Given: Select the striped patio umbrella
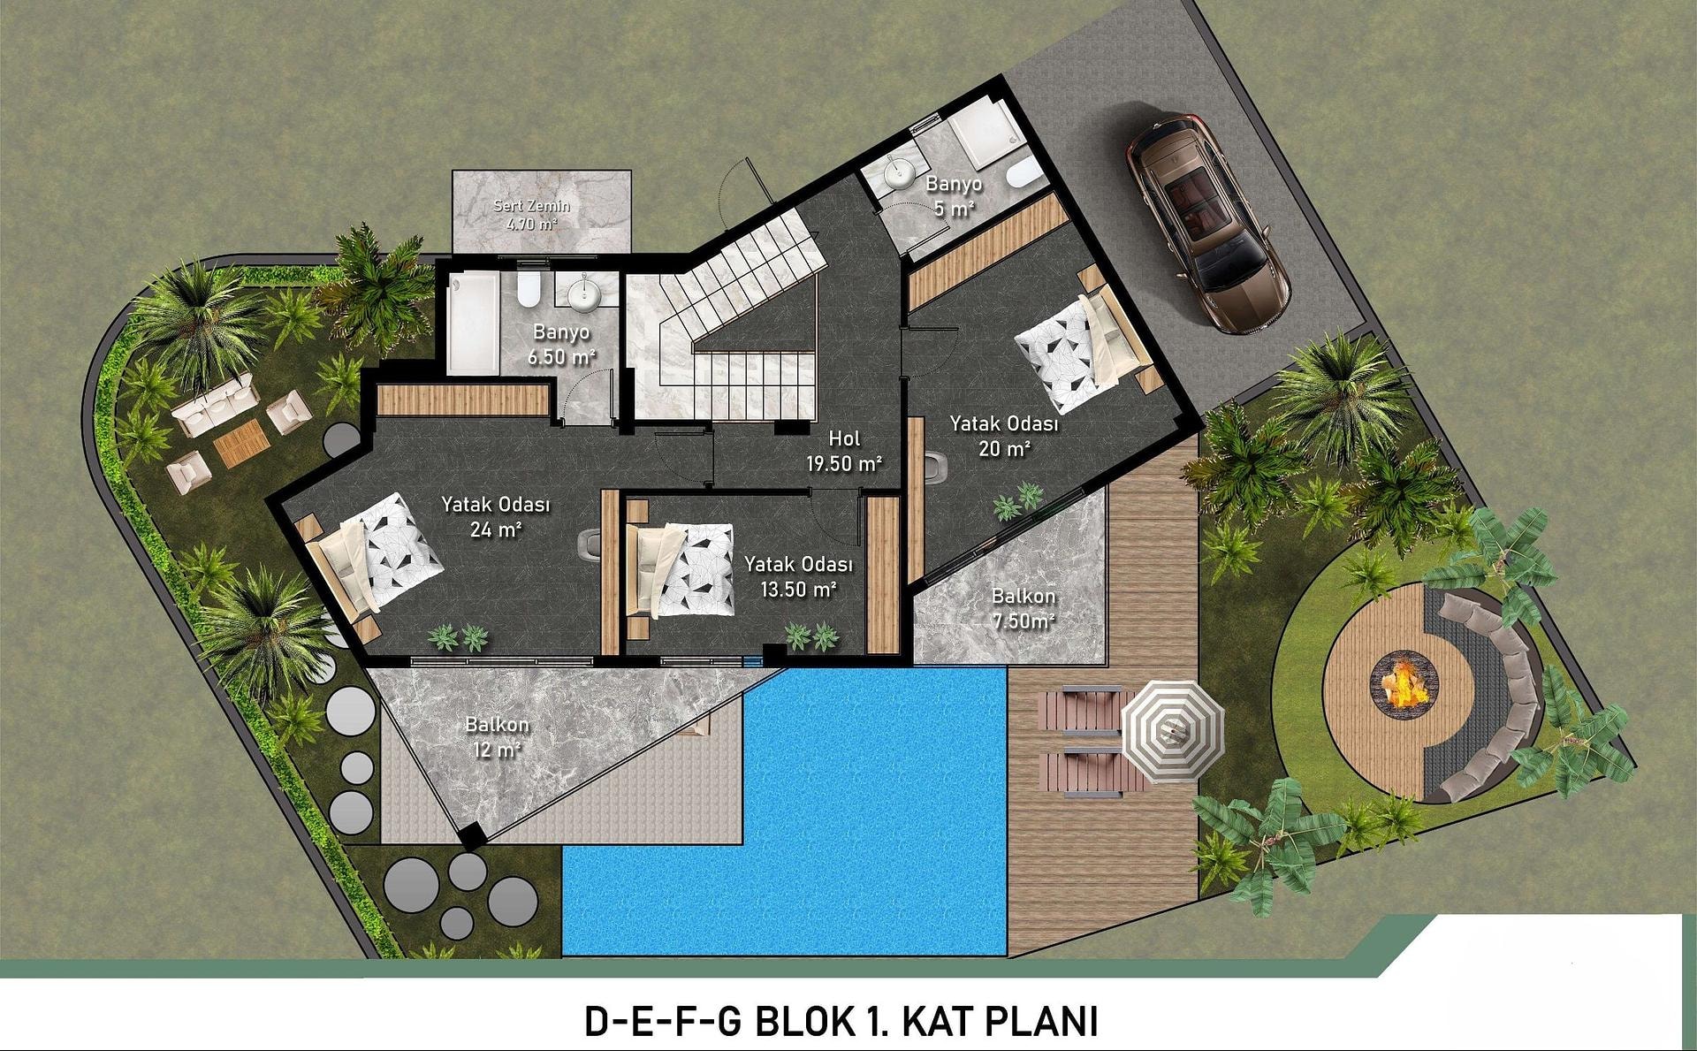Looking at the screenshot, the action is [x=1173, y=731].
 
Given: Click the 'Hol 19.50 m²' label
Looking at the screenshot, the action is [x=844, y=450].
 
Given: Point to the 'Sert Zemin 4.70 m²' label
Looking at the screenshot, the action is [x=531, y=215].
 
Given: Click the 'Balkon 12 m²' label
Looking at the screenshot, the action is [x=497, y=736].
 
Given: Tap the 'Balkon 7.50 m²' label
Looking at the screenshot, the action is [x=1023, y=608].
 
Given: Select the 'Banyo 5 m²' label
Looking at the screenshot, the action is [x=954, y=195].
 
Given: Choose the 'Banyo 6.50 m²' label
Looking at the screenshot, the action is [x=561, y=344].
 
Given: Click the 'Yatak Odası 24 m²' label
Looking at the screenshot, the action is [x=496, y=516].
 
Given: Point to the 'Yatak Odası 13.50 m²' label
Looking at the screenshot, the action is [x=798, y=575].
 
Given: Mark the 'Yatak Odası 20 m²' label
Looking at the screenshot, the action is [x=1004, y=436].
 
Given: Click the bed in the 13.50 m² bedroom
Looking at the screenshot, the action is [x=678, y=570].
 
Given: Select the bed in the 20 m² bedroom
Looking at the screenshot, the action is [x=1085, y=346].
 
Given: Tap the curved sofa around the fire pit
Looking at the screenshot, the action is [x=1485, y=695].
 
